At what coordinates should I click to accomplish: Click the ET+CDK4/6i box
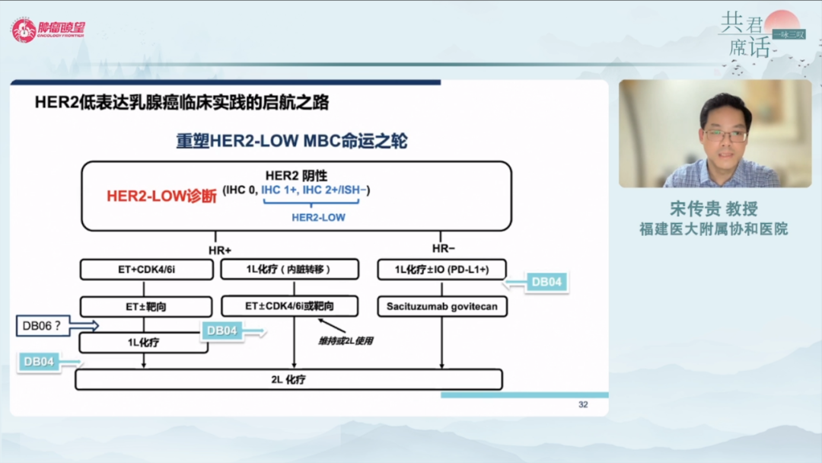point(146,270)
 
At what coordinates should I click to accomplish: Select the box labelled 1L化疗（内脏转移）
point(290,270)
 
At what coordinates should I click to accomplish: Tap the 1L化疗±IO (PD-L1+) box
point(441,270)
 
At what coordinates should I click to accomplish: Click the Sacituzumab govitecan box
point(441,306)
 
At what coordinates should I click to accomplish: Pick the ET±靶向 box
point(146,307)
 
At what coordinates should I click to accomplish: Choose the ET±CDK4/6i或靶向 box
point(290,306)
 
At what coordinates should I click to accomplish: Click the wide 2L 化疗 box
point(288,379)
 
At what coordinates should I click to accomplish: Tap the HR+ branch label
point(219,249)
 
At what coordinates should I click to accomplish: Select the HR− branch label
point(442,249)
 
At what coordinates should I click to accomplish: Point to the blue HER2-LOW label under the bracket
point(318,218)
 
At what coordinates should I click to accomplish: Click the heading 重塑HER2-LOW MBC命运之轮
point(292,142)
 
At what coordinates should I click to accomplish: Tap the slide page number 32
point(583,404)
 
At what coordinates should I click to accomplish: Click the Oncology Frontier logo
point(48,30)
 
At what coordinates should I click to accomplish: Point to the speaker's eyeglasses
point(725,136)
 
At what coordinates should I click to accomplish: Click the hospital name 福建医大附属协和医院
point(713,228)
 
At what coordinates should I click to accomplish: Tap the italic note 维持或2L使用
point(346,340)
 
